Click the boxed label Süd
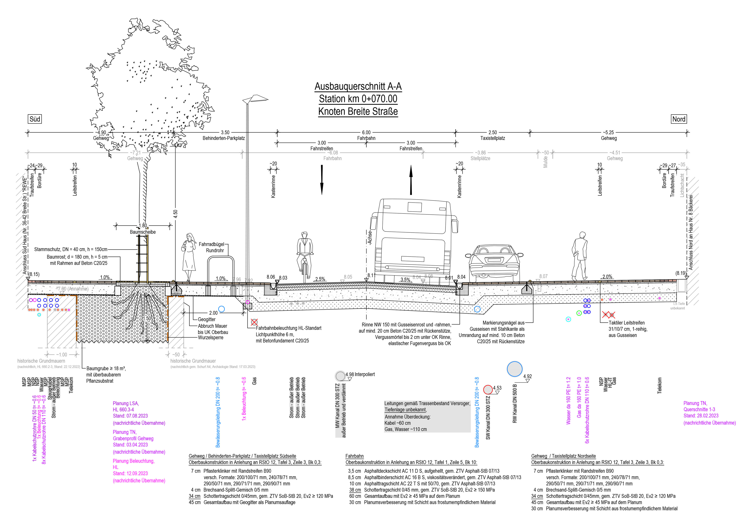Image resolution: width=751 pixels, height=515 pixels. point(35,119)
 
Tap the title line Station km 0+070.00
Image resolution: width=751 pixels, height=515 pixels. point(358,99)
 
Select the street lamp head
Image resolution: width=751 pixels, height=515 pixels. point(255,99)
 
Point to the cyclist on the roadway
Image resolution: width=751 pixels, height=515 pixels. point(304,255)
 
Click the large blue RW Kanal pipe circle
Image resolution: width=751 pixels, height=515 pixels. point(514,369)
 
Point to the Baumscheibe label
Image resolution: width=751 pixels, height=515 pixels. point(143,232)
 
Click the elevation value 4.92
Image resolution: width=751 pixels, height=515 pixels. point(527,376)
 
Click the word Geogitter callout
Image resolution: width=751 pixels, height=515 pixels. point(207,319)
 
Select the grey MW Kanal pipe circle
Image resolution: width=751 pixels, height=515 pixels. point(340,376)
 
